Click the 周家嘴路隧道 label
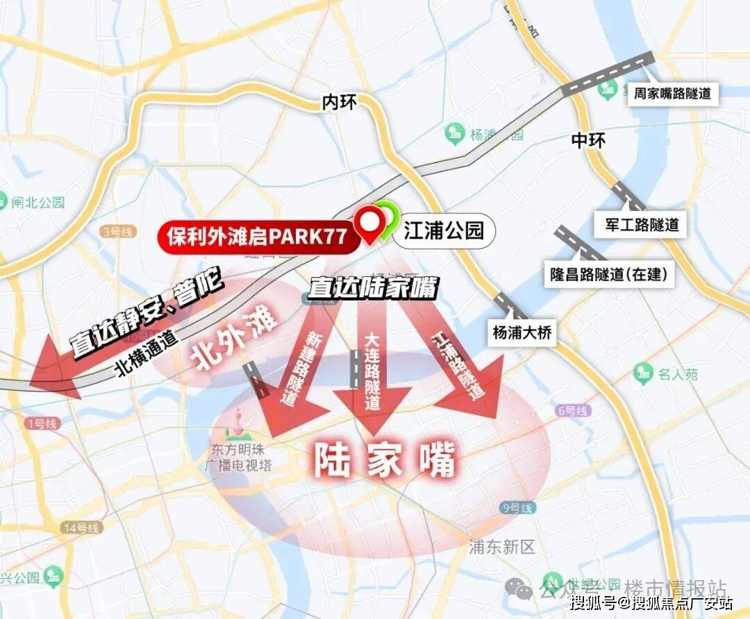(672, 93)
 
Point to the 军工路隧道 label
(637, 224)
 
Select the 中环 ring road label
(587, 140)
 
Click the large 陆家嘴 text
(385, 459)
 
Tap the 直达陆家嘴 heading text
(374, 288)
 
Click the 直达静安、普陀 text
(146, 315)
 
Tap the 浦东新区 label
(502, 548)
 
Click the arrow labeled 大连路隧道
(372, 375)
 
